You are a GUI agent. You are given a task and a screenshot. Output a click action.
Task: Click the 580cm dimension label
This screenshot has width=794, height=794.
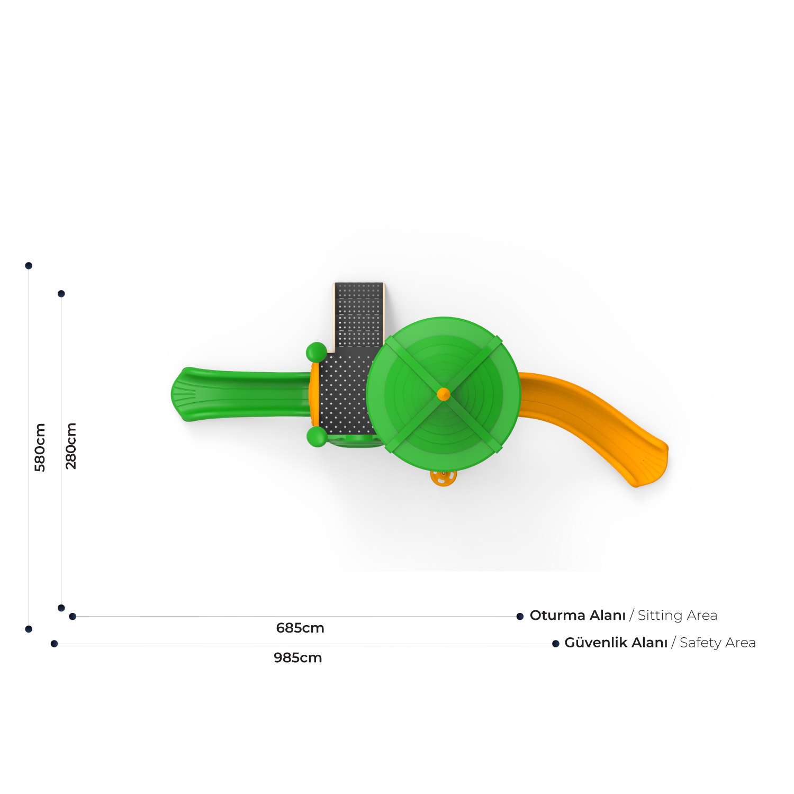(x=40, y=447)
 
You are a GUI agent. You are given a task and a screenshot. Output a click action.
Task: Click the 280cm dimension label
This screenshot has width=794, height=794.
(x=71, y=446)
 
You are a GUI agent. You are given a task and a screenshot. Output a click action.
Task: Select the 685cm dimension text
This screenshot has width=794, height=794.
(x=300, y=628)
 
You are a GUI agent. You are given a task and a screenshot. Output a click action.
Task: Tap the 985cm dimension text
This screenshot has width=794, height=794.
(x=298, y=658)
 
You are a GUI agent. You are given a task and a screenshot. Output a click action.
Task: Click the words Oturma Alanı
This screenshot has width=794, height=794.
(x=578, y=616)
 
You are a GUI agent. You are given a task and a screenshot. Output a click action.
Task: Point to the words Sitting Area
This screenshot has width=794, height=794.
(x=678, y=616)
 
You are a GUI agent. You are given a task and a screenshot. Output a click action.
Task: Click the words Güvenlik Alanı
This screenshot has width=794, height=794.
(x=616, y=643)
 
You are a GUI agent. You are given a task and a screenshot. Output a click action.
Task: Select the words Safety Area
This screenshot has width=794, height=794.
(x=718, y=643)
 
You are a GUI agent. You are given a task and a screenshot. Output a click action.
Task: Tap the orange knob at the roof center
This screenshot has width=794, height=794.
(x=444, y=394)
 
